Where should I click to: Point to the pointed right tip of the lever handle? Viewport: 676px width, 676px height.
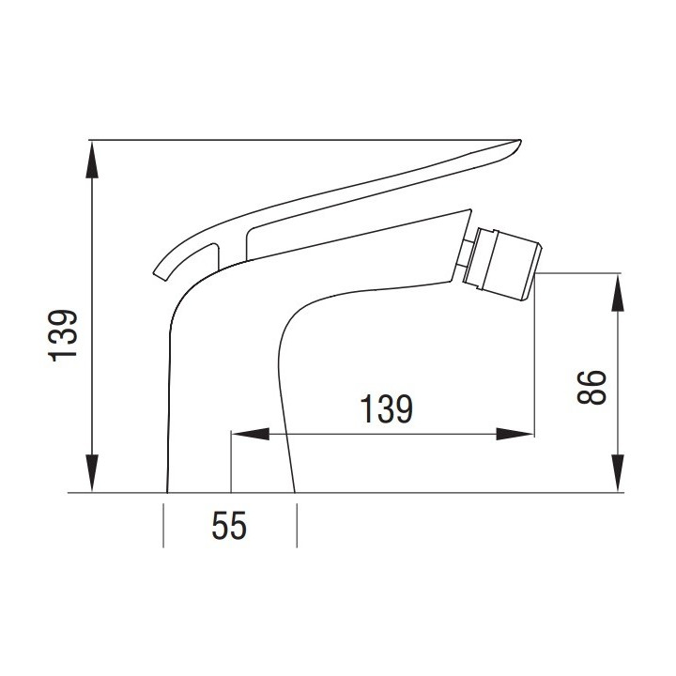pyautogui.click(x=516, y=144)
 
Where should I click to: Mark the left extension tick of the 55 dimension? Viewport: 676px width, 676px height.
pyautogui.click(x=164, y=526)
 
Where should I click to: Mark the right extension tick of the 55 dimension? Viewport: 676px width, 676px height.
pyautogui.click(x=298, y=526)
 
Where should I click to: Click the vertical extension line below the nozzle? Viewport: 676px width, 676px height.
pyautogui.click(x=534, y=357)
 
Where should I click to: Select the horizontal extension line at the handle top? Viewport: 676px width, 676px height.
pyautogui.click(x=282, y=140)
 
